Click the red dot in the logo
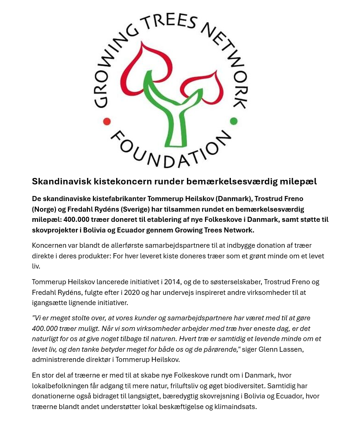point(107,122)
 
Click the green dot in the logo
point(234,122)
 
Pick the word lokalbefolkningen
point(66,386)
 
